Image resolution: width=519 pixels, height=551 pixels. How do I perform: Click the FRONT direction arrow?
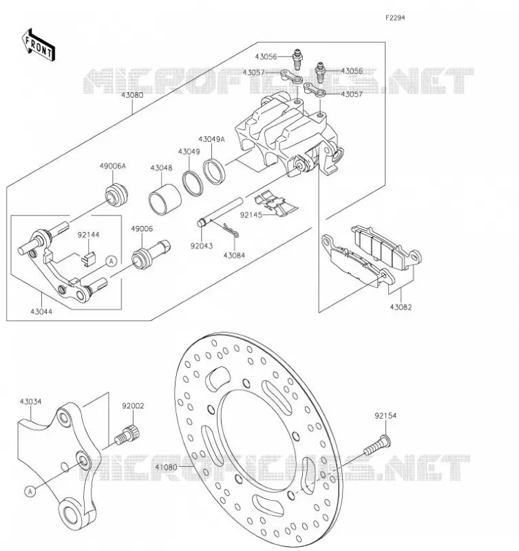pos(38,45)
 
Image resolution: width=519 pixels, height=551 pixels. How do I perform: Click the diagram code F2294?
pos(395,18)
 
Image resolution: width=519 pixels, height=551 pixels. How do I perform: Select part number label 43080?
pos(132,95)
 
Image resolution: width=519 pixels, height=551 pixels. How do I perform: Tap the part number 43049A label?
pos(211,139)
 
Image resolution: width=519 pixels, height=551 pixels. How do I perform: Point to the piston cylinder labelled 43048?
pos(165,199)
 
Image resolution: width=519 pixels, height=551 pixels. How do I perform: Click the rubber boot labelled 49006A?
pos(116,195)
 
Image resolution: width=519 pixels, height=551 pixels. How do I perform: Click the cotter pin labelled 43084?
pos(230,230)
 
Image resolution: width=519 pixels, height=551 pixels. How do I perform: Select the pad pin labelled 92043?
pos(220,212)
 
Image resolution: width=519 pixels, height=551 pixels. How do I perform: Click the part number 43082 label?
pos(401,307)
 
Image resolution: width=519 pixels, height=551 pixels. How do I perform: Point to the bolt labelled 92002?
pos(127,435)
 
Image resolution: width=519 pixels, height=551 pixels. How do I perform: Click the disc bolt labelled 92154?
pos(377,444)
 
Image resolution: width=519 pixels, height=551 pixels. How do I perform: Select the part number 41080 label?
pos(166,467)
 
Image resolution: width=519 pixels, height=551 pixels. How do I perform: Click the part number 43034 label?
pos(30,402)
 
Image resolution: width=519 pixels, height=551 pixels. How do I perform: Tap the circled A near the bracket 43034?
pos(30,491)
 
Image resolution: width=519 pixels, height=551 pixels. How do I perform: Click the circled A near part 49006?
pos(112,261)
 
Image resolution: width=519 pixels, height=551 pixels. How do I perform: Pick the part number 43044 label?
pos(41,311)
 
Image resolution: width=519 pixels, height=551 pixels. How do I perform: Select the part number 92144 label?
pos(89,234)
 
